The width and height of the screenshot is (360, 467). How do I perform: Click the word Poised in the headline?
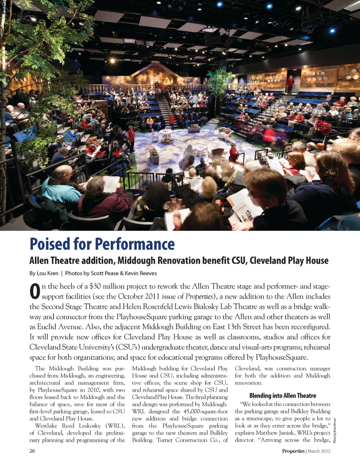50,244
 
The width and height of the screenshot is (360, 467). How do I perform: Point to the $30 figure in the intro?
96,286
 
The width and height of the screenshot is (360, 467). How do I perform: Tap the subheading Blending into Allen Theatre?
282,395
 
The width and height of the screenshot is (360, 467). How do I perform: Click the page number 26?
32,451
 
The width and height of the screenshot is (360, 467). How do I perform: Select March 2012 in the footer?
319,451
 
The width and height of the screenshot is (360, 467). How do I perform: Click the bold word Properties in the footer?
293,451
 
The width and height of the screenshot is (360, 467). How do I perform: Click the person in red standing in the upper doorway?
290,84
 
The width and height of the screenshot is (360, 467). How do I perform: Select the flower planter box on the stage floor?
154,158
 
